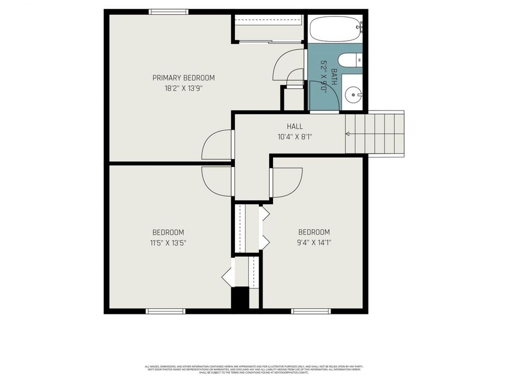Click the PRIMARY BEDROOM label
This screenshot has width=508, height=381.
coord(183,78)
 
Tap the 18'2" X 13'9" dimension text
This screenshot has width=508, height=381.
coord(183,88)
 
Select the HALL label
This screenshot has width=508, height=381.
coord(295,127)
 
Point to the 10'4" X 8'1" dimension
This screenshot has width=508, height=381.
coord(295,137)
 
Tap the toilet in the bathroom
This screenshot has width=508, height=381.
coord(349,60)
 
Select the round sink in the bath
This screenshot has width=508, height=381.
coord(353,95)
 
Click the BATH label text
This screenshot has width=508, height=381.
coord(334,77)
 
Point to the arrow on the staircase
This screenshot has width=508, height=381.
coord(348,134)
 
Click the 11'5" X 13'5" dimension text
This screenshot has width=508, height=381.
coord(168,243)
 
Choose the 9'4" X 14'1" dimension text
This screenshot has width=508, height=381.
coord(314,243)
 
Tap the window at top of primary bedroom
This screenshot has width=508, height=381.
coord(169,11)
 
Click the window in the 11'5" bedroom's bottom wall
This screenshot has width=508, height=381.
coord(165,310)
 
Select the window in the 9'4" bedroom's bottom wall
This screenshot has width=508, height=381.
coord(311,310)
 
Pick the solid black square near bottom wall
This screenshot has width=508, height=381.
coord(240,297)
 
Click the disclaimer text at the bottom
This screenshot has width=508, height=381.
coord(254,369)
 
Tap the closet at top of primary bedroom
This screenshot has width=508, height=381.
coord(269,28)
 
